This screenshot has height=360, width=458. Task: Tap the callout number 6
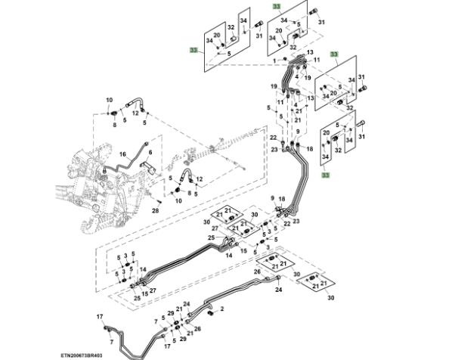(150, 153)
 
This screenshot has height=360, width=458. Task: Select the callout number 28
(155, 211)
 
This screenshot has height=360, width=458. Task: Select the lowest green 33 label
(326, 175)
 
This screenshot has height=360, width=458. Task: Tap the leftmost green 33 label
(194, 49)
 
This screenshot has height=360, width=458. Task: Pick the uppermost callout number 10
(109, 101)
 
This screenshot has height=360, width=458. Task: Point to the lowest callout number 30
(330, 298)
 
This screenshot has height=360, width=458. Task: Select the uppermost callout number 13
(309, 53)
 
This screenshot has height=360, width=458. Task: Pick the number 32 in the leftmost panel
(231, 27)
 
